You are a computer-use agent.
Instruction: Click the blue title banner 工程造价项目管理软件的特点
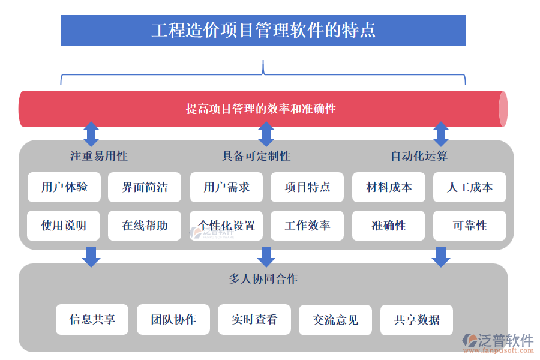point(263,30)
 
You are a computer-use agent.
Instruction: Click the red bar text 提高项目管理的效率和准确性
point(260,109)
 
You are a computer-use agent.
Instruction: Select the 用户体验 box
point(64,187)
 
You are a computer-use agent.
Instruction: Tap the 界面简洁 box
point(145,187)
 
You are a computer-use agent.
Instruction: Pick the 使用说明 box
point(64,226)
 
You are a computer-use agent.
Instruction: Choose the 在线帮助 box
point(145,226)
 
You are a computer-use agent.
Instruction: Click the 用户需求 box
point(226,187)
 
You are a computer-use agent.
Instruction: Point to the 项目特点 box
point(307,187)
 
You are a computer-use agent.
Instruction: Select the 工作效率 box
point(307,226)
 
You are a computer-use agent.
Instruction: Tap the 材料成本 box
point(389,187)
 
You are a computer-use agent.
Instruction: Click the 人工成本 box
point(470,187)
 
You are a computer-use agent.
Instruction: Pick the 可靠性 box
point(470,226)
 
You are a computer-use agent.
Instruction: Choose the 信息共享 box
point(92,320)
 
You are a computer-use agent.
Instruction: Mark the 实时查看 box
point(254,320)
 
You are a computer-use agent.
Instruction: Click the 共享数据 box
point(416,320)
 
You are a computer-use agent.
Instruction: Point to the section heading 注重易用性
point(98,157)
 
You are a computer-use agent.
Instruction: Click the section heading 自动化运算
point(419,157)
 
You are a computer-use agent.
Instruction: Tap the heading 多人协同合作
point(263,279)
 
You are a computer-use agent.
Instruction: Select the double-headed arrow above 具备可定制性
point(266,134)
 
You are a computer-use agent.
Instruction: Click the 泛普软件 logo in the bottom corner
point(498,342)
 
